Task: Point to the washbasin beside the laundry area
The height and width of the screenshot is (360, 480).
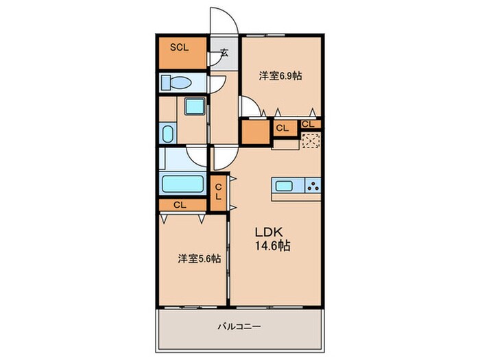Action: click(x=167, y=133)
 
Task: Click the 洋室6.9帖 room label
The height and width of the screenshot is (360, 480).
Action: click(x=280, y=76)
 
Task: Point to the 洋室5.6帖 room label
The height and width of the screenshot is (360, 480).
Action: click(x=200, y=259)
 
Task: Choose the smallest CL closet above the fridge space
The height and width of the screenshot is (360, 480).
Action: click(x=308, y=124)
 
